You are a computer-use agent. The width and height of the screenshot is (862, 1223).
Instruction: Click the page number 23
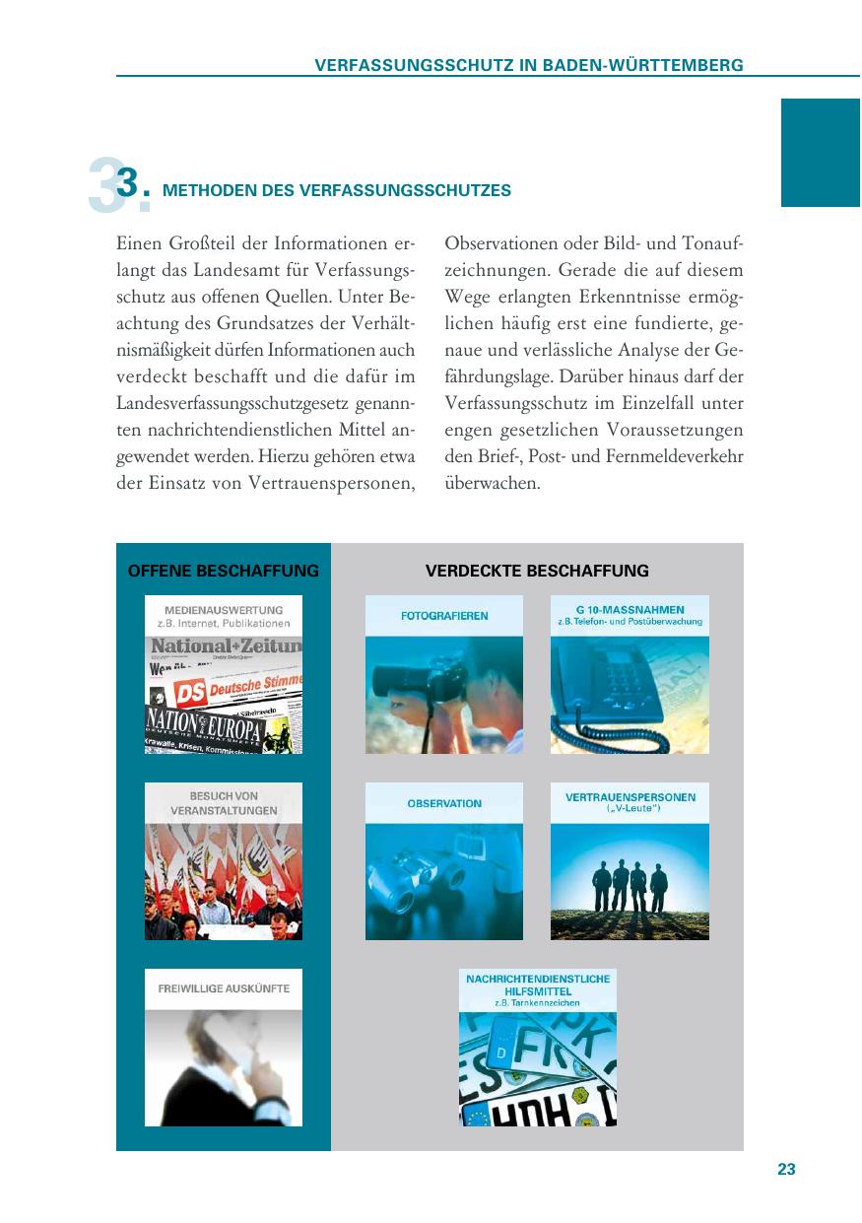point(786,1170)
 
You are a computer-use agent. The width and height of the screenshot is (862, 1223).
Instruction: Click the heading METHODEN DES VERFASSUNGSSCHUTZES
point(337,191)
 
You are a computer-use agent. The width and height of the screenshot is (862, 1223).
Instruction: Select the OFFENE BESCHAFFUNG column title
point(224,571)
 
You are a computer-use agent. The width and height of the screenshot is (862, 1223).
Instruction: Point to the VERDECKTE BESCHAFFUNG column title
point(537,571)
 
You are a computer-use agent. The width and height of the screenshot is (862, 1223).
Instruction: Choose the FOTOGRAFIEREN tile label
point(444,616)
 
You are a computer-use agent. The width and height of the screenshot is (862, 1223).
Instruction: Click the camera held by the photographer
point(414,681)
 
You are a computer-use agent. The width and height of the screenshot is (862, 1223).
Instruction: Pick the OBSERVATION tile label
point(444,803)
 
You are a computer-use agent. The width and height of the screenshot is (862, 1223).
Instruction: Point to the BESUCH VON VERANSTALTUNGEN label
point(224,803)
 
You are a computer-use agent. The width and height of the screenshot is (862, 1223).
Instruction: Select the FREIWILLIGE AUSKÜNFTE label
point(224,988)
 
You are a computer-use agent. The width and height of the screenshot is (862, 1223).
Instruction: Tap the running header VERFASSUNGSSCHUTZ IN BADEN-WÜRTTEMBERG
point(528,65)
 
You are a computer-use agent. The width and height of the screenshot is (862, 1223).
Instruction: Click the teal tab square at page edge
point(821,152)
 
